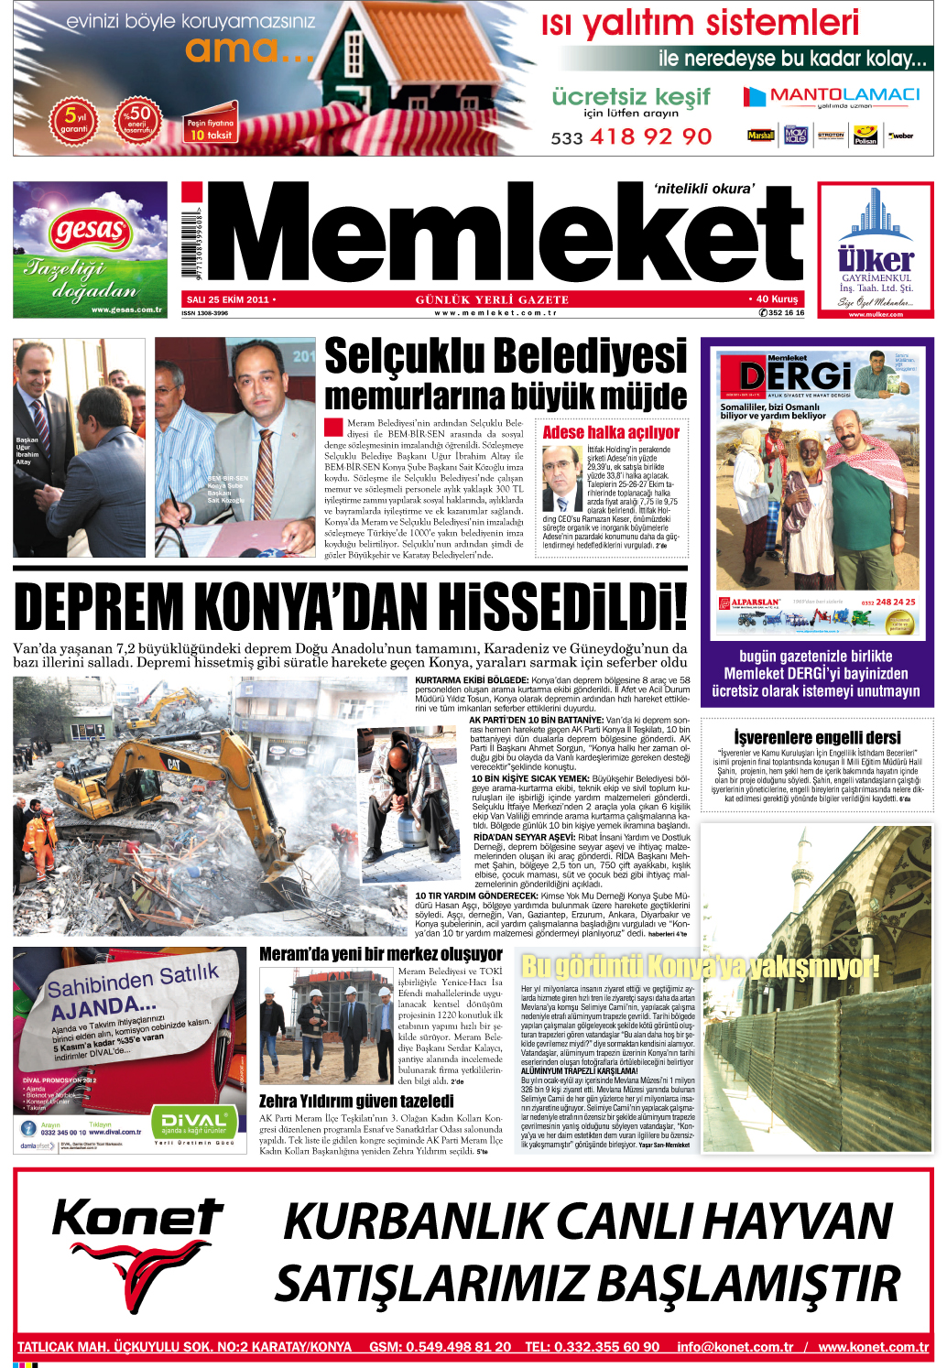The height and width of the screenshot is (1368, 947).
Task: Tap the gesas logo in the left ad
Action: click(90, 229)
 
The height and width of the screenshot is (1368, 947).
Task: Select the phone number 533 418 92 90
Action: click(631, 137)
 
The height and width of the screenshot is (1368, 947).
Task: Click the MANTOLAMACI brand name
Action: click(844, 95)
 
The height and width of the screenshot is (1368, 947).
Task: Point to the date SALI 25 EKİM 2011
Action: click(228, 299)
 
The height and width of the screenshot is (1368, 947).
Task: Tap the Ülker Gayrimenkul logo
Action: click(876, 259)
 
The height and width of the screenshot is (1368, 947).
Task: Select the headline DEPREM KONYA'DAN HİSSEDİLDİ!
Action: click(351, 606)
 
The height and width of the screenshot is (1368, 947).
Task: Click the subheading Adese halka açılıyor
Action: click(611, 432)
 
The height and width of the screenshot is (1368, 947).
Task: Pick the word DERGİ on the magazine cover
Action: click(795, 375)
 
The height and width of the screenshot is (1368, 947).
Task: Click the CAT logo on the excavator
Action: click(173, 765)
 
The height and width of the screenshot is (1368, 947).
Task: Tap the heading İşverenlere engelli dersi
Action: click(817, 737)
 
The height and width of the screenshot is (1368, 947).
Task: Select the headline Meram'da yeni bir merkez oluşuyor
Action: click(381, 954)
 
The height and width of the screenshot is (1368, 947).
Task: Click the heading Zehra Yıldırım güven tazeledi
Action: click(356, 1101)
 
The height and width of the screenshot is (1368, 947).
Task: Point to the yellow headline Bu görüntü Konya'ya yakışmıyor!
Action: click(700, 966)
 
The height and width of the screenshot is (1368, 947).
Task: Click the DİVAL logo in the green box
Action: click(193, 1121)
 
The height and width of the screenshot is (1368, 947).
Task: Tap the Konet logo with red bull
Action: click(137, 1250)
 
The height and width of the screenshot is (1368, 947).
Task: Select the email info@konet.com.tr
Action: click(735, 1347)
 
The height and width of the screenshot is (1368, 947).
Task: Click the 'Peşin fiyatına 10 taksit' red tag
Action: click(211, 128)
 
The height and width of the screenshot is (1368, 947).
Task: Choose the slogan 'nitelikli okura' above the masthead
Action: click(704, 189)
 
